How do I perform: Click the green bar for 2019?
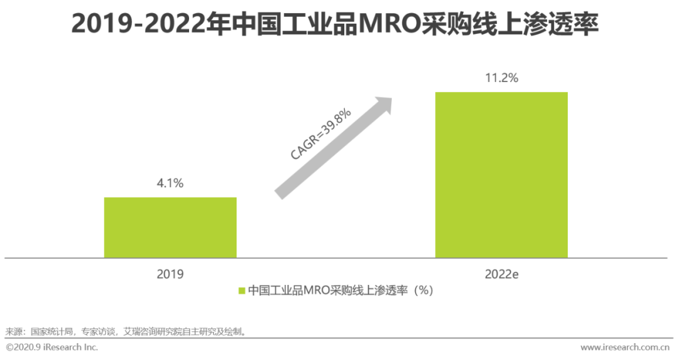(x=170, y=227)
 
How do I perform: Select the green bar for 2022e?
(x=501, y=175)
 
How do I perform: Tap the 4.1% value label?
(x=170, y=183)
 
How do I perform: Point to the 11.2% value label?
(x=501, y=78)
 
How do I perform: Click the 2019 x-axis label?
(x=170, y=274)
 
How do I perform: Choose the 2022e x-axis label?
(x=501, y=274)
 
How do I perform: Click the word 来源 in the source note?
(x=14, y=331)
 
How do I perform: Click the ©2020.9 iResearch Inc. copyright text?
(x=52, y=347)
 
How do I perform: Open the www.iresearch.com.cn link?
(x=625, y=347)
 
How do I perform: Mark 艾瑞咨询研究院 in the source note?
(x=150, y=331)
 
